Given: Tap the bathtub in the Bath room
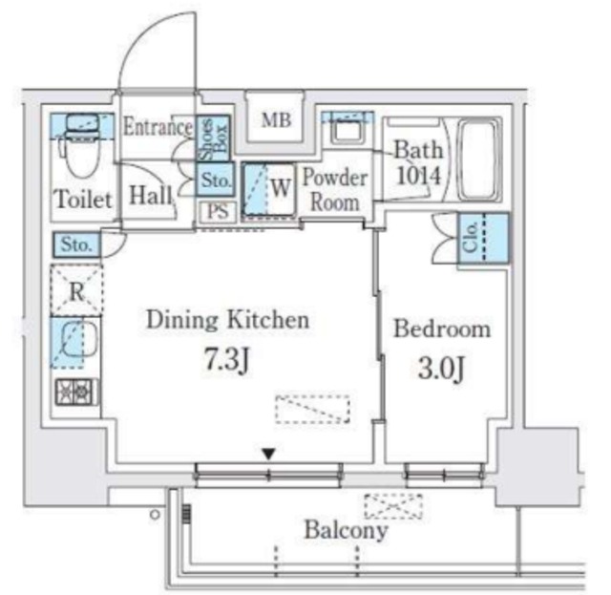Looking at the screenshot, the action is click(x=478, y=159).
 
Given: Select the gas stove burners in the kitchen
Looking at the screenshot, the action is click(x=75, y=392).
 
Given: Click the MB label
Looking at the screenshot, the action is click(x=276, y=120).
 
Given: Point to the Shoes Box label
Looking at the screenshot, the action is click(x=213, y=138).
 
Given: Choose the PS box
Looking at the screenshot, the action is click(x=218, y=212).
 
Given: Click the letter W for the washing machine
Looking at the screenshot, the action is click(x=281, y=188).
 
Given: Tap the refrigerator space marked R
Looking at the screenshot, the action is click(x=76, y=290).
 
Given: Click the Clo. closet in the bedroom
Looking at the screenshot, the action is click(x=483, y=238).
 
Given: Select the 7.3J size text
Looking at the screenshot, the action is click(x=227, y=359).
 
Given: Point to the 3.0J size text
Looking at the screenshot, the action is click(x=441, y=368).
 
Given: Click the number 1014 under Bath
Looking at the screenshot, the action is click(x=418, y=176).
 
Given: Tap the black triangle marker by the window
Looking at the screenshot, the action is click(x=268, y=454).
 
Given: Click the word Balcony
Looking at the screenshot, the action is click(x=346, y=530).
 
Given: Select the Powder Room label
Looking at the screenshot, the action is click(x=335, y=189).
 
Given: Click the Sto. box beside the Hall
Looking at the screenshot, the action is click(x=216, y=180).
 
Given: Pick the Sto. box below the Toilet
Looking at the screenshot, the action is click(x=76, y=244).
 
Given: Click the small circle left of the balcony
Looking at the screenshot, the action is click(x=155, y=515).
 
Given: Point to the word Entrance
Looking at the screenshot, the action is click(x=158, y=127).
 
